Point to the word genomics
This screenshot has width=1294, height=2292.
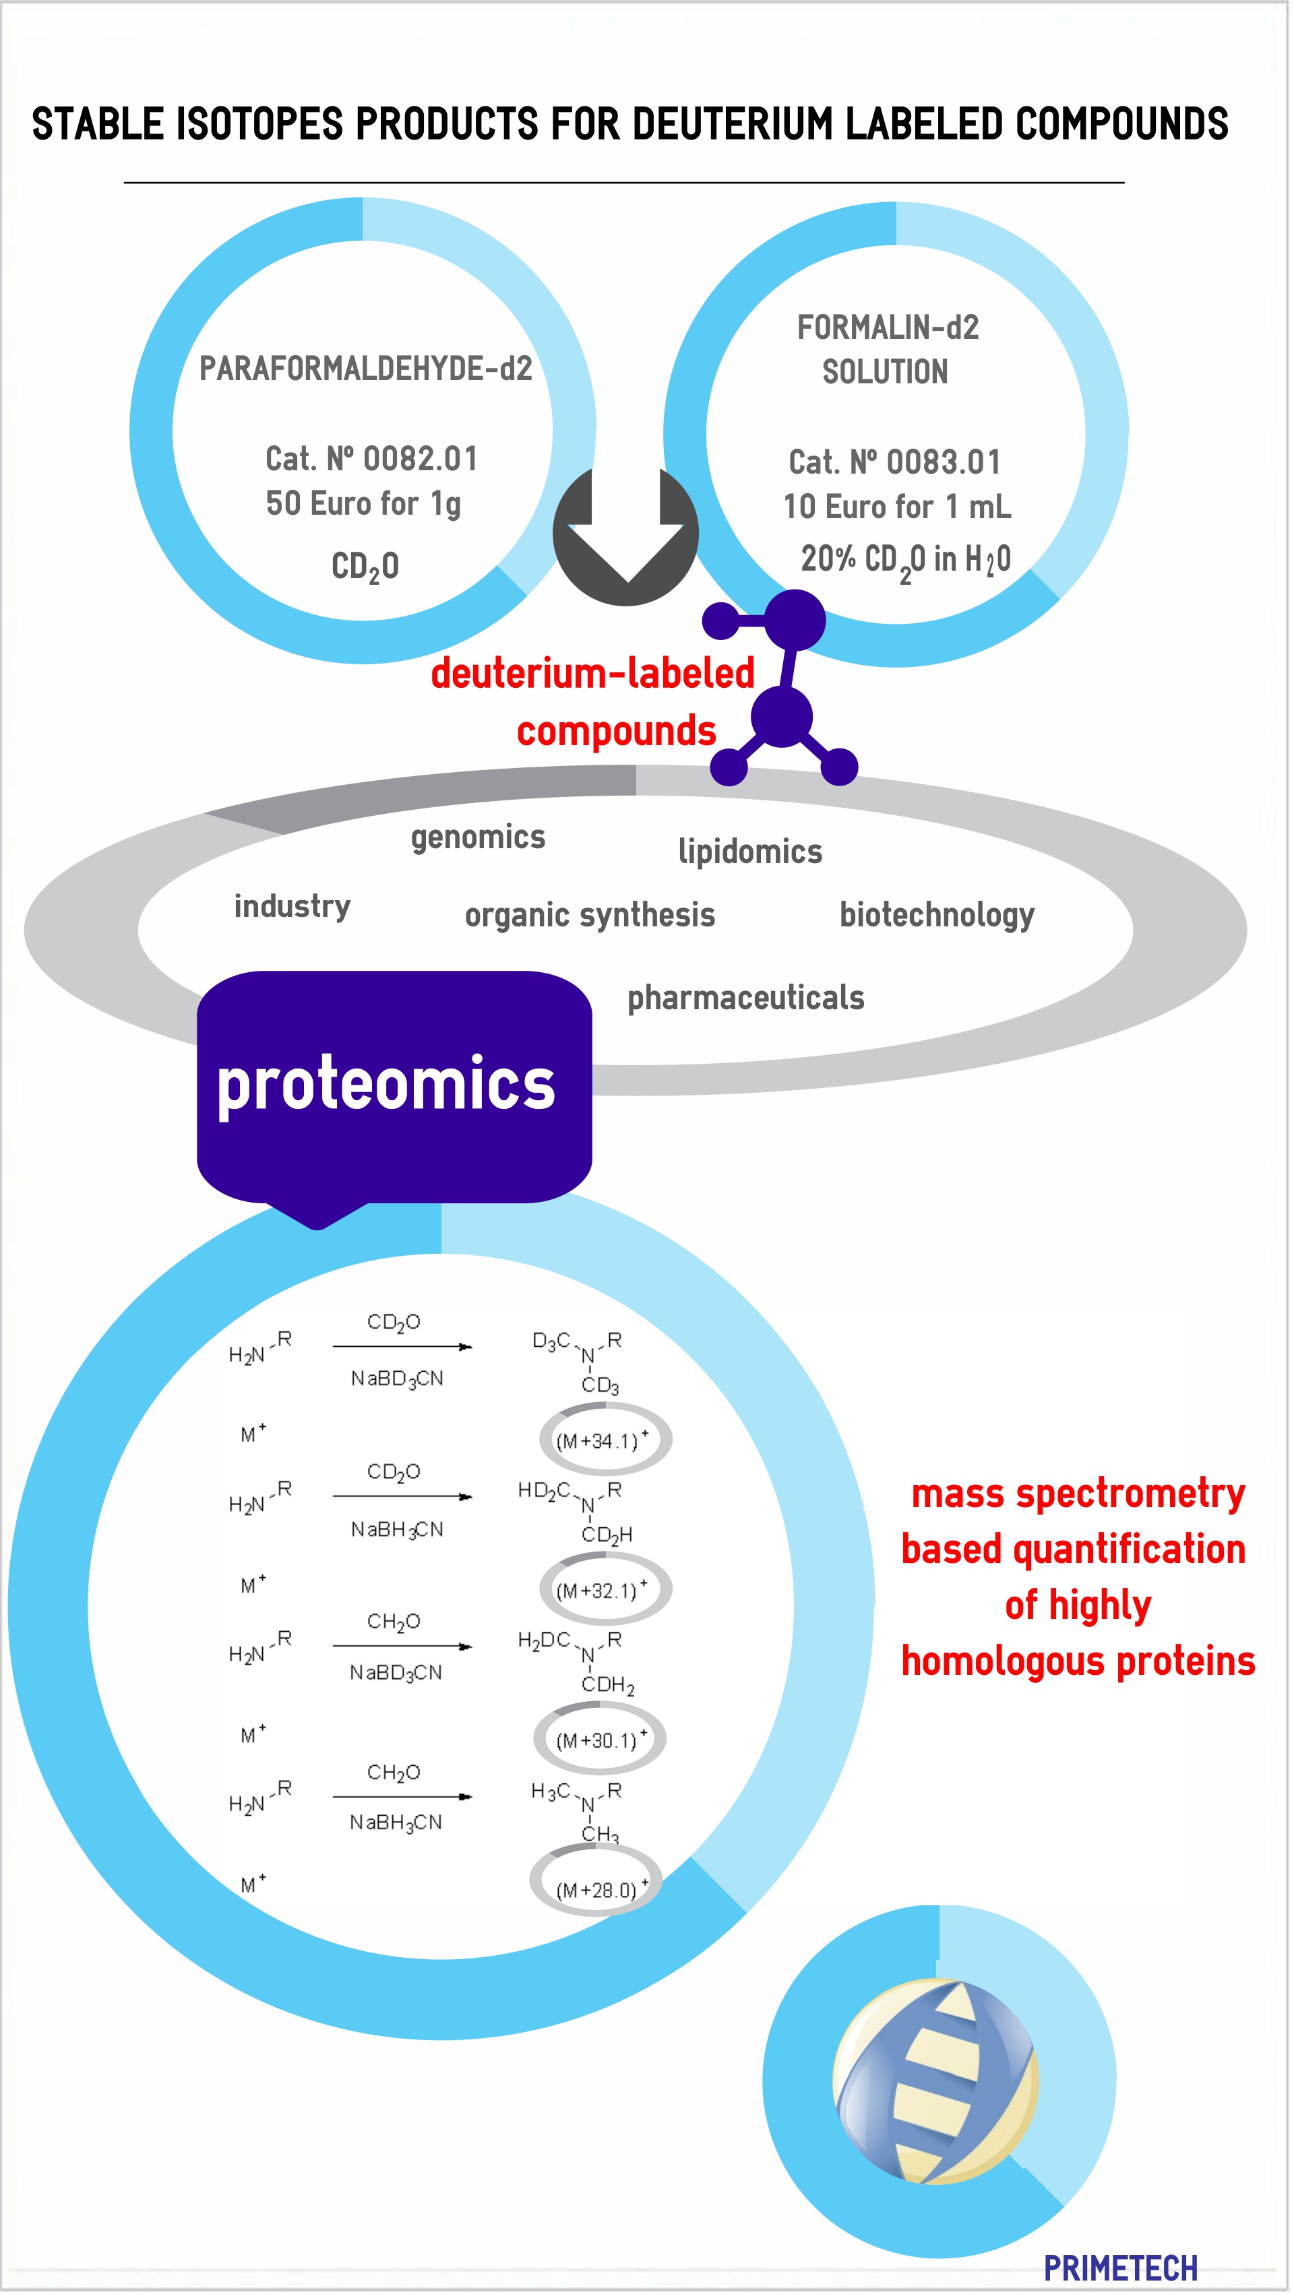pyautogui.click(x=478, y=837)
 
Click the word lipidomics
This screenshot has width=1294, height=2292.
pyautogui.click(x=750, y=852)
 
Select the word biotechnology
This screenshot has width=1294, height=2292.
pyautogui.click(x=937, y=915)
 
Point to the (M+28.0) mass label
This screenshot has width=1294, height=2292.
pyautogui.click(x=596, y=1889)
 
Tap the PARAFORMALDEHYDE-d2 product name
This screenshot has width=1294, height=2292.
pyautogui.click(x=365, y=369)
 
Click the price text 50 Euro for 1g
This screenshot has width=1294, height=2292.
pyautogui.click(x=363, y=503)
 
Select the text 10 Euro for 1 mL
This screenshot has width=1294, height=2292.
pyautogui.click(x=897, y=507)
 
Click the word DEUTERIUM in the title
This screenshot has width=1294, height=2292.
pyautogui.click(x=733, y=124)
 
